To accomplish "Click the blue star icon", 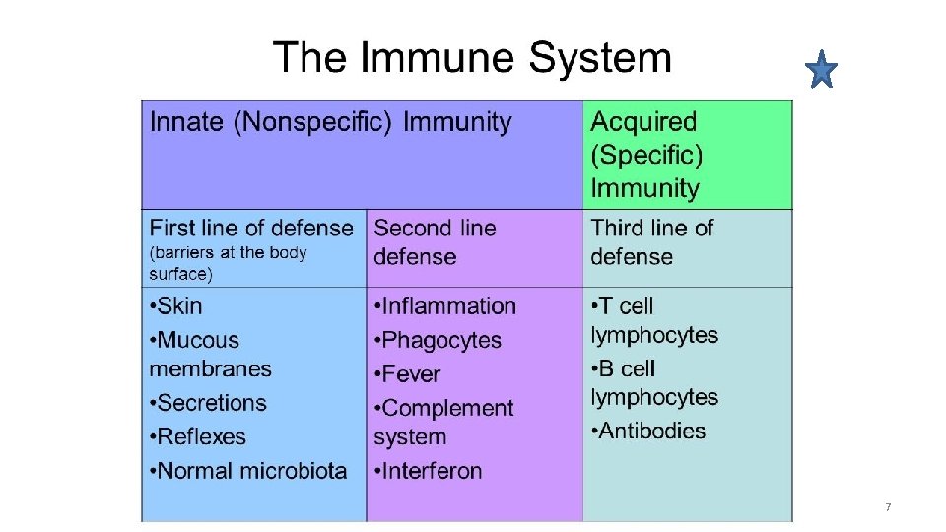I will (x=820, y=71).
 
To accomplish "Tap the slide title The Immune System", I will (x=472, y=58).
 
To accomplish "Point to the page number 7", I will (x=888, y=507).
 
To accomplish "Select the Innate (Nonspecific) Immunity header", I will (x=330, y=123).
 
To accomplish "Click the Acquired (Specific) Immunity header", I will (x=644, y=155).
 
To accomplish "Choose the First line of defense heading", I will (x=251, y=229).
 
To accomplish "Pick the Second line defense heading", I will (x=435, y=242).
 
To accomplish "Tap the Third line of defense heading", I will (x=651, y=242).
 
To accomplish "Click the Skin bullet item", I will (x=176, y=306).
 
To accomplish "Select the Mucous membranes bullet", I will (x=210, y=355).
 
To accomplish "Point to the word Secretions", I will (x=212, y=403).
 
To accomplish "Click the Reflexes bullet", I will (x=201, y=436).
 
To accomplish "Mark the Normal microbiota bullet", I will (x=251, y=471).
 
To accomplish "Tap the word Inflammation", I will (x=448, y=306).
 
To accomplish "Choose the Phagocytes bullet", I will (x=440, y=341).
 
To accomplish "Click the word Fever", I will (x=411, y=374).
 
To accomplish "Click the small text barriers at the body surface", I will (x=229, y=263).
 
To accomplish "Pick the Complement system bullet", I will (x=443, y=423).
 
